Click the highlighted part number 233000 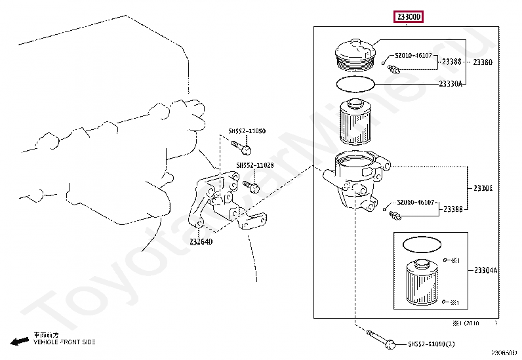408,16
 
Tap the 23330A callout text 451,84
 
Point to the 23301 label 483,188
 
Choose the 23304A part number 485,270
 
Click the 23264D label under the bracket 201,242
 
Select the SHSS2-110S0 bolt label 247,131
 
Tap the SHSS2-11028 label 255,166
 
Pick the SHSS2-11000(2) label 432,344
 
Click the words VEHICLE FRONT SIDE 64,342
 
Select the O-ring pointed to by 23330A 356,84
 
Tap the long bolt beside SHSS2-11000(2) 380,340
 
